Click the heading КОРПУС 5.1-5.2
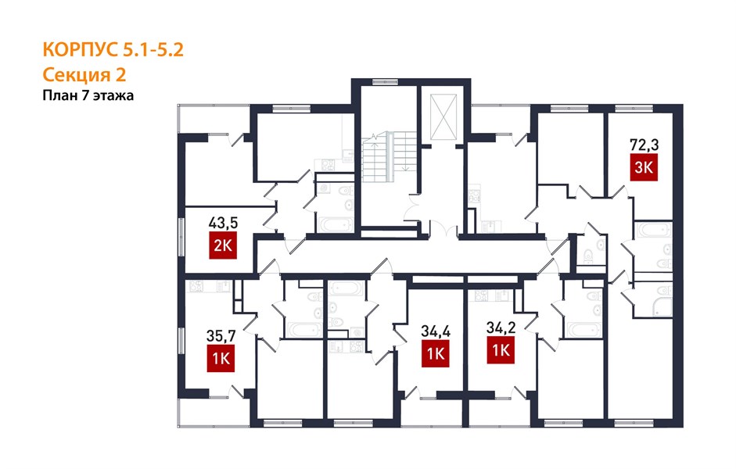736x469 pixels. coord(113,49)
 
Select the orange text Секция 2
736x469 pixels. coord(84,74)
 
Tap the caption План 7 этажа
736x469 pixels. coord(88,95)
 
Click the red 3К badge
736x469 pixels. coord(644,167)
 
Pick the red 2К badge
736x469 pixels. coord(222,245)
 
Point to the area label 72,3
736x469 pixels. coord(644,145)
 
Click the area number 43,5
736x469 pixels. coord(223,222)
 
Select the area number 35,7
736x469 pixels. coord(221,336)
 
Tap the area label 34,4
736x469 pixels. coord(436,331)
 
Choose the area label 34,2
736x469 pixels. coord(501,327)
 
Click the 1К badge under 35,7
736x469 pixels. coord(221,358)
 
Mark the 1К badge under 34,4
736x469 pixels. coord(436,353)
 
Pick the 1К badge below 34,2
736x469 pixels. coord(501,350)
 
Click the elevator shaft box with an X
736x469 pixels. coord(443,116)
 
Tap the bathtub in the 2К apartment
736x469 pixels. coord(335,224)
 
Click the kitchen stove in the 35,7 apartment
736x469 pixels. coord(196,285)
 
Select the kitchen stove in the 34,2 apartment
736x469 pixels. coord(482,295)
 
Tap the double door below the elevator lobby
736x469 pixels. coord(444,231)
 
